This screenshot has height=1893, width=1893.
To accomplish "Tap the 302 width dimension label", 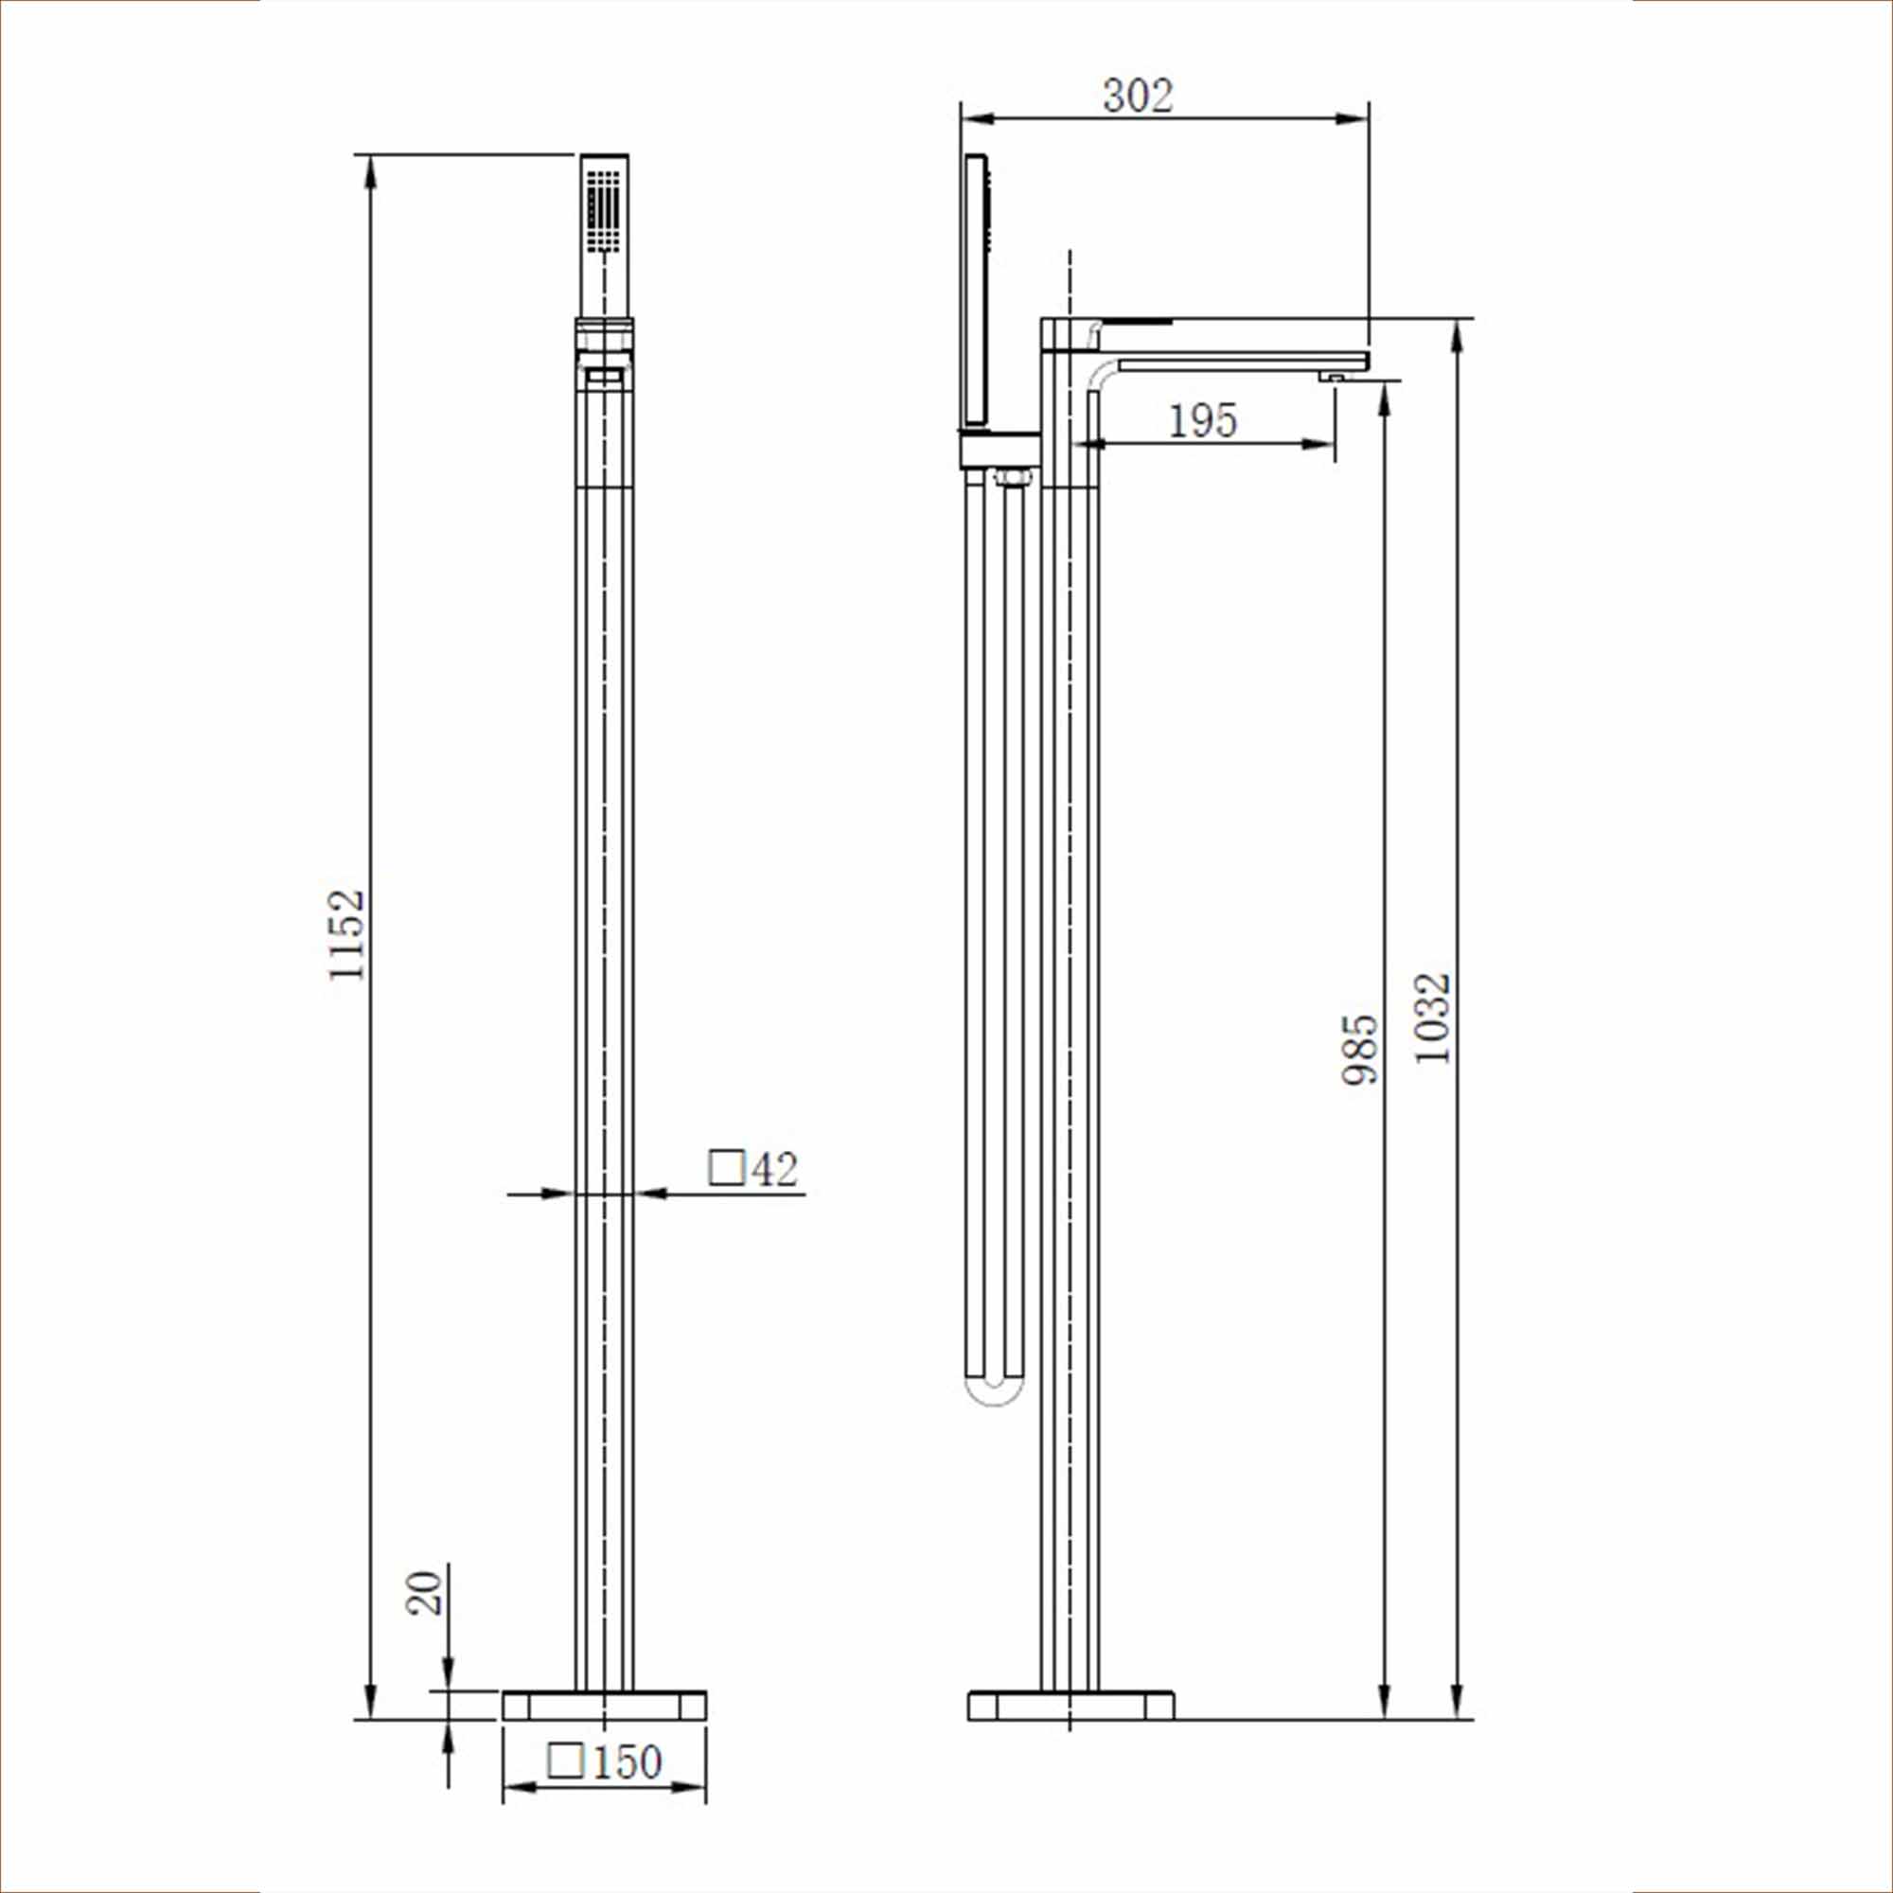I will coord(1138,96).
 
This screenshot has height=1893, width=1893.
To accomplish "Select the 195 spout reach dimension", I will coord(1203,421).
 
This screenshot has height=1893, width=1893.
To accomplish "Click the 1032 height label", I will coord(1432,1019).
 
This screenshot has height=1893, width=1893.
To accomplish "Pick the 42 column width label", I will coord(775,1169).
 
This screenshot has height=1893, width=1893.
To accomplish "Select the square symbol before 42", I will coord(726,1168).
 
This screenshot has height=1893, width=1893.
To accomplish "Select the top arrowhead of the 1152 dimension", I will coord(370,171).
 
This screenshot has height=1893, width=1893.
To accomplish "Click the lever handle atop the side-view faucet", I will coord(1137,323).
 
